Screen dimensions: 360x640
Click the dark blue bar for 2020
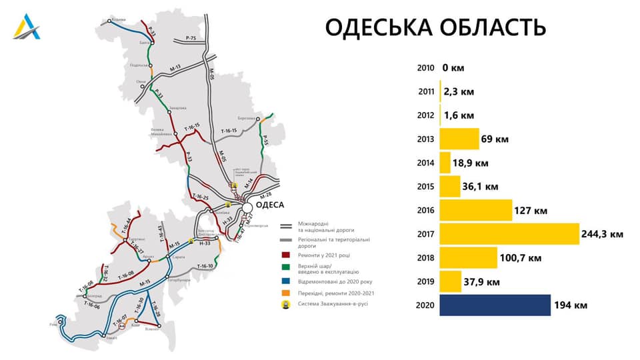[x=495, y=305]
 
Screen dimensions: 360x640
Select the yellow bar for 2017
[x=509, y=234]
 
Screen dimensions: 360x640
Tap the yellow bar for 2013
[x=459, y=139]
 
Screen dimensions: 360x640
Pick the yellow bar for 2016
[x=475, y=211]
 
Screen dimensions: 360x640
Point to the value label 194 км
[x=571, y=305]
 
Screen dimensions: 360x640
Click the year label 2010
[x=425, y=68]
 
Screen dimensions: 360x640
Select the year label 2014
[x=425, y=163]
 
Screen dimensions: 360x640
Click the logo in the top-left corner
[x=27, y=26]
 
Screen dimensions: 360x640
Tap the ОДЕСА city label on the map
[x=271, y=205]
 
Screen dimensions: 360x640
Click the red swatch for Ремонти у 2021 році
[x=287, y=255]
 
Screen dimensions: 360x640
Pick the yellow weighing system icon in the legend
[x=287, y=305]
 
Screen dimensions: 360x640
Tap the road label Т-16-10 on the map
[x=205, y=266]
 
